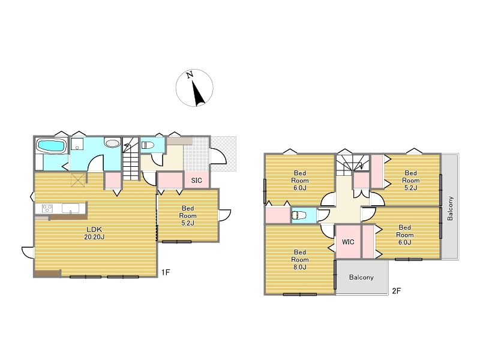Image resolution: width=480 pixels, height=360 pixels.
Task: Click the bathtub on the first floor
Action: [52, 146]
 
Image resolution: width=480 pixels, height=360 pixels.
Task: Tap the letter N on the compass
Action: [190, 74]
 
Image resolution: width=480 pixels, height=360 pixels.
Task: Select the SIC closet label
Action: [197, 181]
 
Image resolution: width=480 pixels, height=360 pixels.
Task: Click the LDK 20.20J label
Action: [94, 233]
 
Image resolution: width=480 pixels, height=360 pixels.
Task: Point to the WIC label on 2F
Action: [348, 242]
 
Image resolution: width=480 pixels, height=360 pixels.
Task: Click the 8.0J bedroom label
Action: [299, 260]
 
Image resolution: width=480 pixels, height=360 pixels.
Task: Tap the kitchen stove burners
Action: [47, 208]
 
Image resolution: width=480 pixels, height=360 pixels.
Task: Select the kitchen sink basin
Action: [70, 208]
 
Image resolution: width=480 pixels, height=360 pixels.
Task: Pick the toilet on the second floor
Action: [299, 215]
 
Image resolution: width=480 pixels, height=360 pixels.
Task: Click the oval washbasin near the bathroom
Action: [112, 143]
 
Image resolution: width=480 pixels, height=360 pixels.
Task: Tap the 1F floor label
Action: [166, 272]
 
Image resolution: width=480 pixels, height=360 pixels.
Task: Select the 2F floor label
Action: [397, 291]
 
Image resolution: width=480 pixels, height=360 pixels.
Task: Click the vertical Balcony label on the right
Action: [450, 208]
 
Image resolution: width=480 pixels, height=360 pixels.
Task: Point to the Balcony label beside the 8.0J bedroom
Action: [361, 277]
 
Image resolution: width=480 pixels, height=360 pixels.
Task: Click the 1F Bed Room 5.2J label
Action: [188, 215]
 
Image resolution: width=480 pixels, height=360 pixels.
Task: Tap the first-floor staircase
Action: [131, 159]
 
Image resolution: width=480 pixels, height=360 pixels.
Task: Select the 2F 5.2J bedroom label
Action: [410, 181]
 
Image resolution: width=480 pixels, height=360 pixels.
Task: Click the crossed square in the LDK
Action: [78, 180]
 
